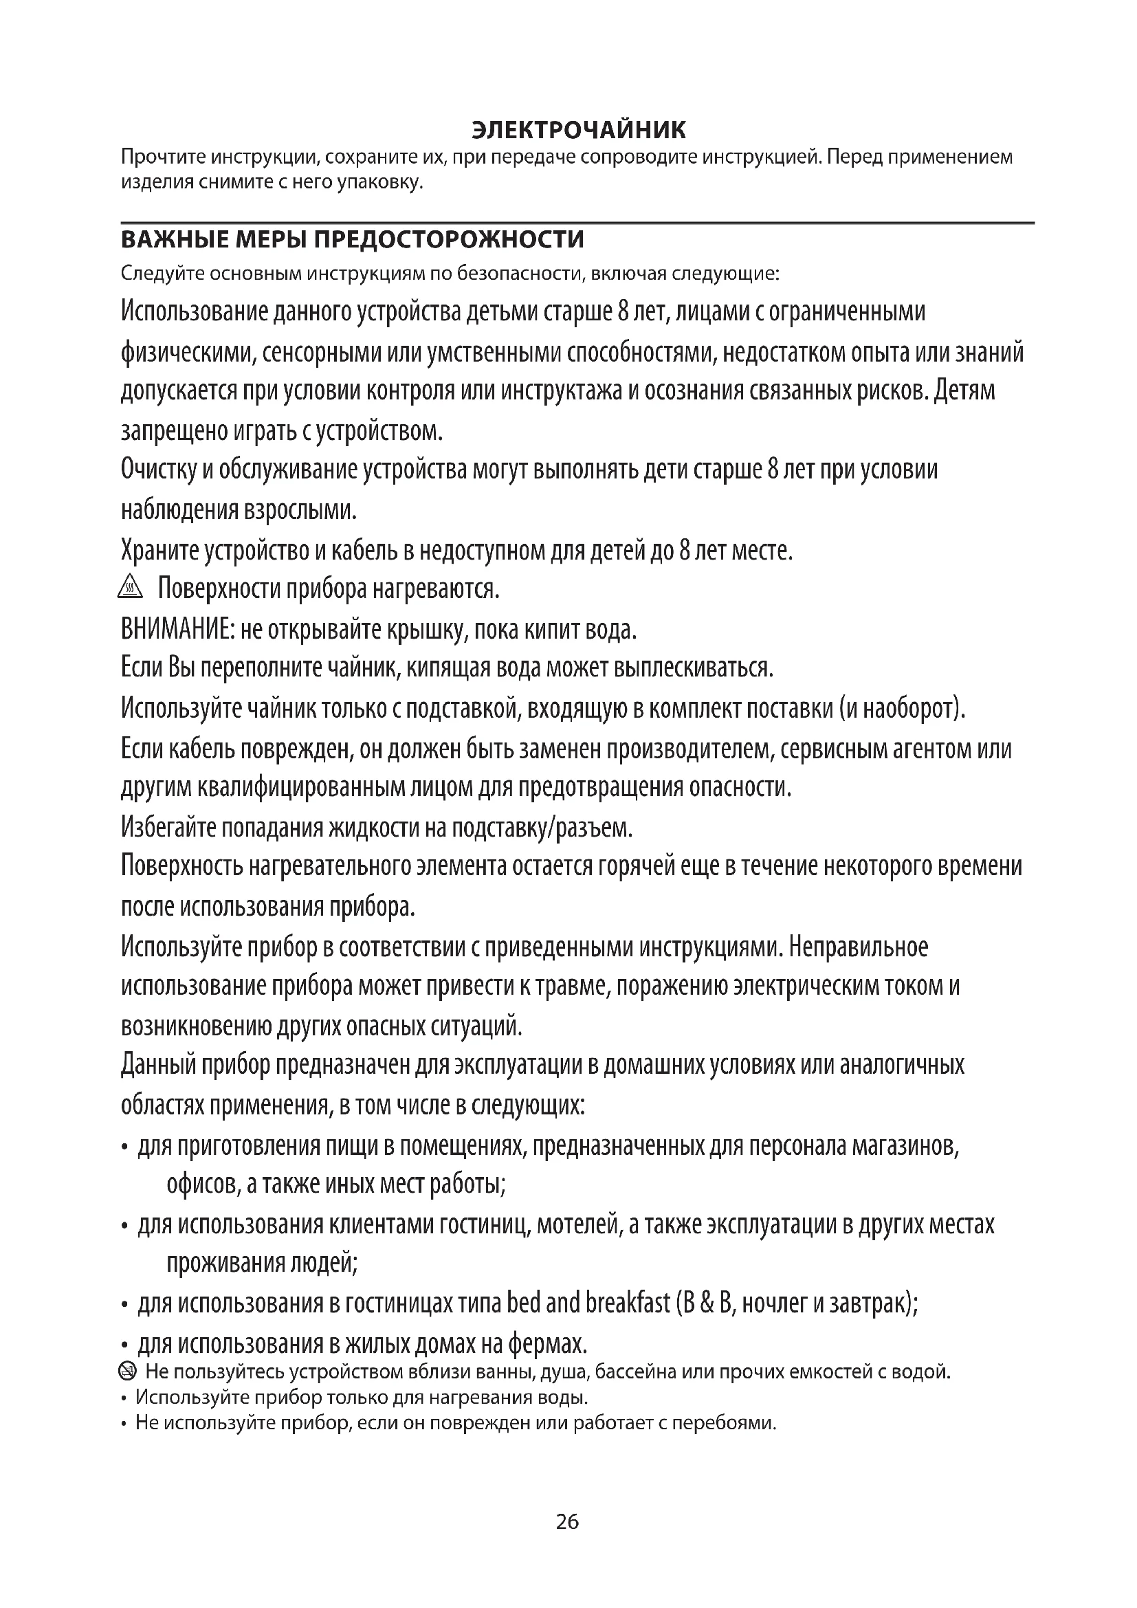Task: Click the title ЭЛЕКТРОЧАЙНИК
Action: pos(578,130)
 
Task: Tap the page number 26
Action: pos(567,1523)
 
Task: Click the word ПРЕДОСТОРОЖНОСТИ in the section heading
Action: pos(448,239)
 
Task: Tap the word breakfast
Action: pos(628,1303)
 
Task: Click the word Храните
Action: pos(159,551)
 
